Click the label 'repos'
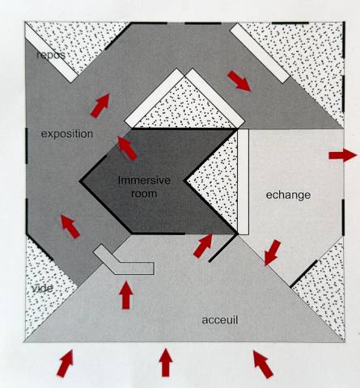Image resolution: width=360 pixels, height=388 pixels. pyautogui.click(x=51, y=55)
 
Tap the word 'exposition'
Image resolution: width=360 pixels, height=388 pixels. pyautogui.click(x=67, y=133)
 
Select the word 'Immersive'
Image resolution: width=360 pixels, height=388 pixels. pyautogui.click(x=144, y=180)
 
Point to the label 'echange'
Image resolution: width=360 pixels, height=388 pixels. pyautogui.click(x=288, y=195)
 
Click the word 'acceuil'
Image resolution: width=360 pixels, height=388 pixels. pyautogui.click(x=220, y=320)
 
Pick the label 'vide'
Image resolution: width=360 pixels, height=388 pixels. pyautogui.click(x=43, y=289)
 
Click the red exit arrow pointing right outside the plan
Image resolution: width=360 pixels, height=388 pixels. pyautogui.click(x=343, y=155)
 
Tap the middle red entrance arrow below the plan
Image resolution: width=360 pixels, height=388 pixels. pyautogui.click(x=166, y=362)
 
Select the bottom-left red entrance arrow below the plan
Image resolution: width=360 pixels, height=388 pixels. pyautogui.click(x=66, y=363)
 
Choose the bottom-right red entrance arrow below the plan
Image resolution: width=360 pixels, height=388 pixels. pyautogui.click(x=263, y=364)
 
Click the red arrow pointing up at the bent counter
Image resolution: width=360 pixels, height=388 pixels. pyautogui.click(x=126, y=295)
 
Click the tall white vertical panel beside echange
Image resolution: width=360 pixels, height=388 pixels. pyautogui.click(x=244, y=182)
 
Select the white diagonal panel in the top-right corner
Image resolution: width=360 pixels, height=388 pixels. pyautogui.click(x=260, y=53)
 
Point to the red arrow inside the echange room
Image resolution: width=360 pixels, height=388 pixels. pyautogui.click(x=273, y=252)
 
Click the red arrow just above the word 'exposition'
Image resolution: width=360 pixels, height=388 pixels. pyautogui.click(x=100, y=106)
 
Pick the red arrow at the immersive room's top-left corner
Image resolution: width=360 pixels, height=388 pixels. pyautogui.click(x=128, y=149)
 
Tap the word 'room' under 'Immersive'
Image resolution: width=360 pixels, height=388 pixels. pyautogui.click(x=144, y=193)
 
